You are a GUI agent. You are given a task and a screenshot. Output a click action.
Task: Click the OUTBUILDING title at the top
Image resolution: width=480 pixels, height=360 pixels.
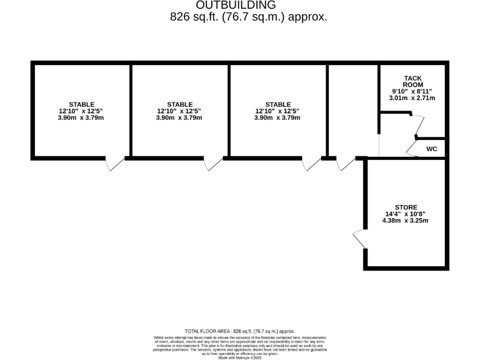[240, 6]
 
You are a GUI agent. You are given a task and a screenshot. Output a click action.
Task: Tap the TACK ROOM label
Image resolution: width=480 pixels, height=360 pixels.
[412, 81]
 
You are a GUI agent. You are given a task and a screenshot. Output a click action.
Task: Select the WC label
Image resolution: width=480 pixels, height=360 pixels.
[431, 149]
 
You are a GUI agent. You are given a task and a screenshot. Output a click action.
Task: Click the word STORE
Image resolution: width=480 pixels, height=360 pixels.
[406, 207]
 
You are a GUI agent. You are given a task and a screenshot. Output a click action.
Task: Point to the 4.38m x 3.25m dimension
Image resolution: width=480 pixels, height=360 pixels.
[406, 220]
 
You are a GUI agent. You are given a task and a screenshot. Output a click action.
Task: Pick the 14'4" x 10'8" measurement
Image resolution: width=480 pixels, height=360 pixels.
[406, 214]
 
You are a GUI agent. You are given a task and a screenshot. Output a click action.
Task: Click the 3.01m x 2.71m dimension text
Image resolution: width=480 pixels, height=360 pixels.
[412, 97]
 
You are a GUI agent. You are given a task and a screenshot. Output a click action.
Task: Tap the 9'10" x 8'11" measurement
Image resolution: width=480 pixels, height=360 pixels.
[412, 91]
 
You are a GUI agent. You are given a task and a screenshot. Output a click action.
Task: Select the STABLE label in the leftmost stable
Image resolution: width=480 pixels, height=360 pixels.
[81, 104]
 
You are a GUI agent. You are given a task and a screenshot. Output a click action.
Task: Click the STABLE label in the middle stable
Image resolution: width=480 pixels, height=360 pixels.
[180, 104]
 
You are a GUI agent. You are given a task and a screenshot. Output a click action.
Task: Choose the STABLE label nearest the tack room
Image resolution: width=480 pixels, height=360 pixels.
[278, 104]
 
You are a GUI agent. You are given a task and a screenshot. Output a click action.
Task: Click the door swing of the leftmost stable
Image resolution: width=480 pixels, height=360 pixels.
[115, 164]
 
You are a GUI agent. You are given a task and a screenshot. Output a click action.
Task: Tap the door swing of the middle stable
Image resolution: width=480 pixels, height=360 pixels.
[214, 164]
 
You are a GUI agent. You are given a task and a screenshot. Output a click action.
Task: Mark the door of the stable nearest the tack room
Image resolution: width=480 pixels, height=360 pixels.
[311, 164]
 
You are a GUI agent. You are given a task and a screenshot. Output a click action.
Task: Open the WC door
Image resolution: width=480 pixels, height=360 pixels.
[411, 147]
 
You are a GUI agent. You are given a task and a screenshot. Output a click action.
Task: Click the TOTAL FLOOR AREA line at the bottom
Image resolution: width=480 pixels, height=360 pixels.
[239, 331]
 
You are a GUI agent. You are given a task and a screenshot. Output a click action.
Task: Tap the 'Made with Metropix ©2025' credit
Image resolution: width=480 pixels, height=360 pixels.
[239, 357]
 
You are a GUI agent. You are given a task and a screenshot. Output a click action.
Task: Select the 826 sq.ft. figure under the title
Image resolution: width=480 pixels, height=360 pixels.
[194, 17]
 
